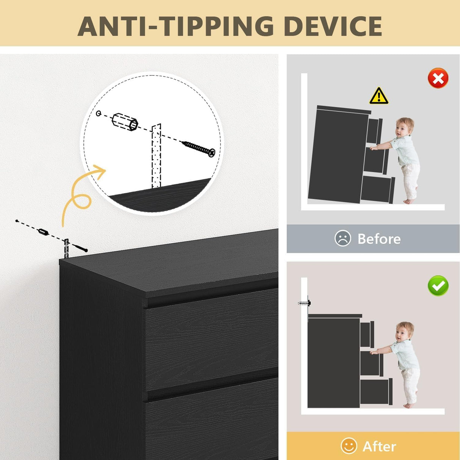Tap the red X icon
438,78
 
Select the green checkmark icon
438,285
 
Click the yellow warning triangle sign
379,96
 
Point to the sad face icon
343,238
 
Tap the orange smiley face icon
349,446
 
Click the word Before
379,238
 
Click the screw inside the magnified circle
199,149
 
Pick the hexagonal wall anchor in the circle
125,122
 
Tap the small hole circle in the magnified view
99,113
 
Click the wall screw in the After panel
304,304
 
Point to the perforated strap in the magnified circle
156,156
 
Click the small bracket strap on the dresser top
66,248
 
